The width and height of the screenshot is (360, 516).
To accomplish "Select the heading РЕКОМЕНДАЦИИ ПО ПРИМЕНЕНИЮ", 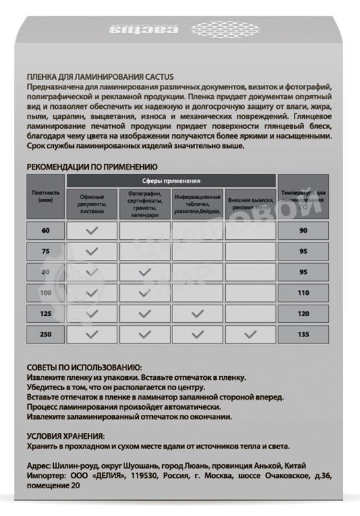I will [x=91, y=167].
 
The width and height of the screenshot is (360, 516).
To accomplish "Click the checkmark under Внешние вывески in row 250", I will [x=250, y=334].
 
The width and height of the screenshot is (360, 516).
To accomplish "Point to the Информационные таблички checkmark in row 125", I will [x=197, y=314].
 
